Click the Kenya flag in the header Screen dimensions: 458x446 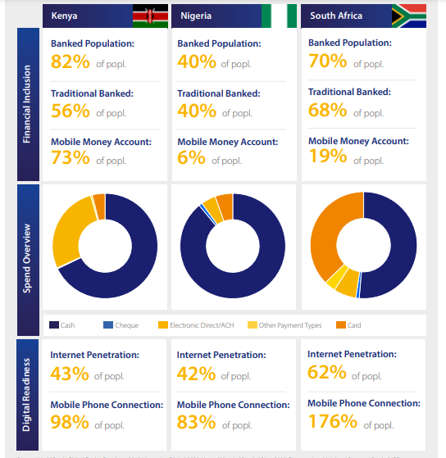click(x=150, y=16)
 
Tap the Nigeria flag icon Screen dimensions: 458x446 click(x=279, y=16)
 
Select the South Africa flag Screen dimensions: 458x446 click(x=407, y=16)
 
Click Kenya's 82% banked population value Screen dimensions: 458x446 click(x=70, y=62)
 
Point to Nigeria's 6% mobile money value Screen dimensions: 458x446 click(x=191, y=158)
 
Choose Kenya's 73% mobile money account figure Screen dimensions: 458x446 click(x=70, y=158)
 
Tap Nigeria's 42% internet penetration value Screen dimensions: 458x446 click(x=196, y=374)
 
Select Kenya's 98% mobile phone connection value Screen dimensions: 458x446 click(x=70, y=422)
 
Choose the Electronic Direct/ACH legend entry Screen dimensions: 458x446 click(x=197, y=325)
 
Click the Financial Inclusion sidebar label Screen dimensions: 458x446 click(x=27, y=106)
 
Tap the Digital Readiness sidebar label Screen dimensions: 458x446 click(x=27, y=394)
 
